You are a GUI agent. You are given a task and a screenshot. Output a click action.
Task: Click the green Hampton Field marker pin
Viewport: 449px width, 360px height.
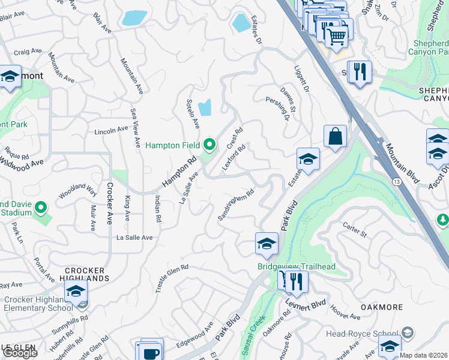pos(209,145)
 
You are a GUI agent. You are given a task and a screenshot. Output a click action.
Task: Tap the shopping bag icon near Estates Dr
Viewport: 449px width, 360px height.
pos(335,136)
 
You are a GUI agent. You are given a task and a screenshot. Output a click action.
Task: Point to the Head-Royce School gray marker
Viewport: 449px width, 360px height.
pos(408,333)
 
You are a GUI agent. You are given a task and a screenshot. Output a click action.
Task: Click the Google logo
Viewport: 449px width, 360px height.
pos(20,353)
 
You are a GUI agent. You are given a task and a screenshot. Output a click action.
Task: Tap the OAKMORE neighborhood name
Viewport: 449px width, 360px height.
pos(381,307)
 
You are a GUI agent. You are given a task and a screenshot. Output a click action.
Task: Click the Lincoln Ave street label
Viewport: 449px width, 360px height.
pos(111,130)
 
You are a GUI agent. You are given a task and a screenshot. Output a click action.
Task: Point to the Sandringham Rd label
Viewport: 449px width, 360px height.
pos(236,205)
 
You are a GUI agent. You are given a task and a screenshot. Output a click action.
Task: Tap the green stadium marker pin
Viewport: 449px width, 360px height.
pos(41,208)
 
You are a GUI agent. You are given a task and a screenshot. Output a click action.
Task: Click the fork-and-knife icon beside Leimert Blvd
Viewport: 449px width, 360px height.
pos(297,280)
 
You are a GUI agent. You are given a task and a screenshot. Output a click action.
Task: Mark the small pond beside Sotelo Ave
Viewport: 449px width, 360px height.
pos(205,107)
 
